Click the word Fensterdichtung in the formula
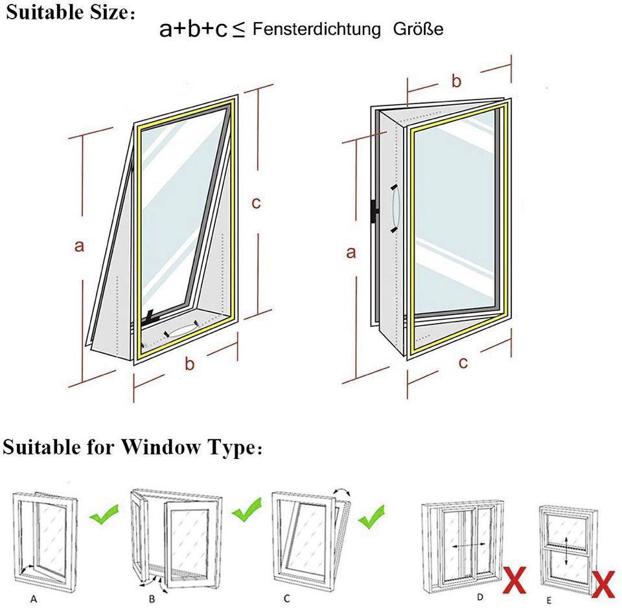pyautogui.click(x=317, y=29)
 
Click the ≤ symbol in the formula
pyautogui.click(x=238, y=30)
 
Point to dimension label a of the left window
pyautogui.click(x=78, y=246)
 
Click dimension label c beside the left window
pyautogui.click(x=257, y=203)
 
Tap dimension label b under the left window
pyautogui.click(x=189, y=364)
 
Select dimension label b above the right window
pyautogui.click(x=456, y=81)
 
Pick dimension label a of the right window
pyautogui.click(x=351, y=252)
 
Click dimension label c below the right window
pyautogui.click(x=463, y=362)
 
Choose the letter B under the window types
pyautogui.click(x=152, y=599)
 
